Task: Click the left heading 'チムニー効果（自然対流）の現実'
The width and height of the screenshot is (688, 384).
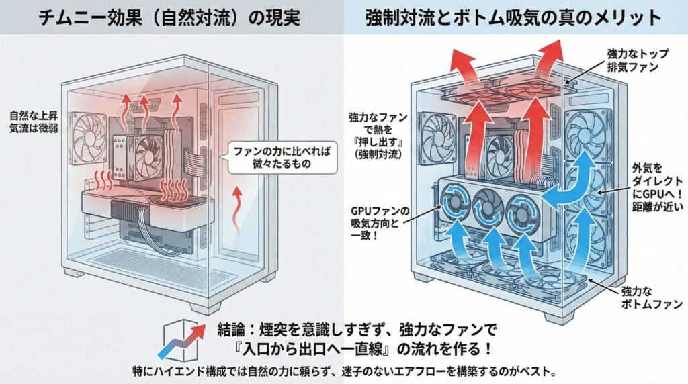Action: (x=172, y=17)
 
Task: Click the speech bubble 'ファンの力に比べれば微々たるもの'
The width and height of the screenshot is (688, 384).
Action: (x=279, y=156)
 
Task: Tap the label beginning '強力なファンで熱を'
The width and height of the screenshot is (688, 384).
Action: (x=374, y=136)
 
